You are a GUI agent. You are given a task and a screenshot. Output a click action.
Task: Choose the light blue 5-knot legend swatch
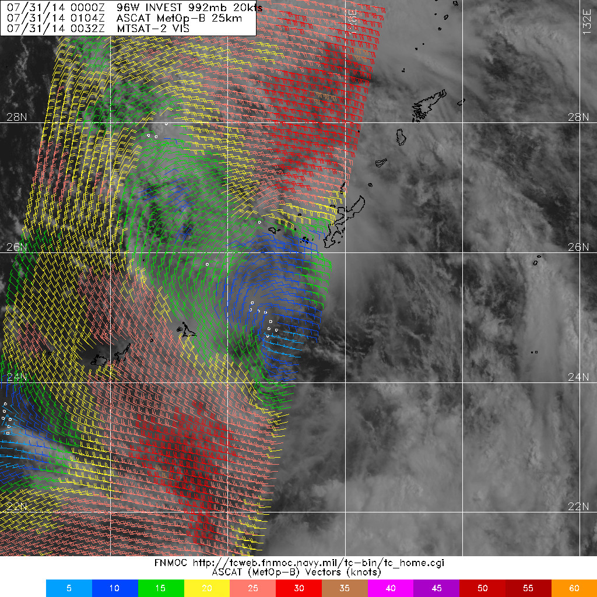point(69,588)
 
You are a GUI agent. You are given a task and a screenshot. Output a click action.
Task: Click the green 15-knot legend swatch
point(161,588)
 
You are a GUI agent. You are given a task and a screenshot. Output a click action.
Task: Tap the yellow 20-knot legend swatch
point(207,588)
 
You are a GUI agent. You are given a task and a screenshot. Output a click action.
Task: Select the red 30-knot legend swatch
point(298,588)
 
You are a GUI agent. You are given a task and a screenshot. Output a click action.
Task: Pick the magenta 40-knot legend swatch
point(391,588)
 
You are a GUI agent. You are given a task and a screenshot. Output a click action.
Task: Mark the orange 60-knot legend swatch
point(574,588)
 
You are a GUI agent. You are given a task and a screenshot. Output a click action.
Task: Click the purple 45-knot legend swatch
point(436,588)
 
